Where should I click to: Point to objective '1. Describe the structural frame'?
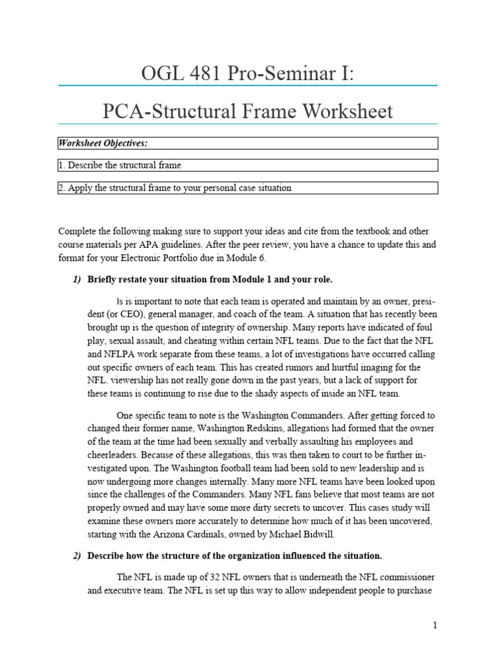[119, 165]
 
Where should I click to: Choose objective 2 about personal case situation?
[174, 188]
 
